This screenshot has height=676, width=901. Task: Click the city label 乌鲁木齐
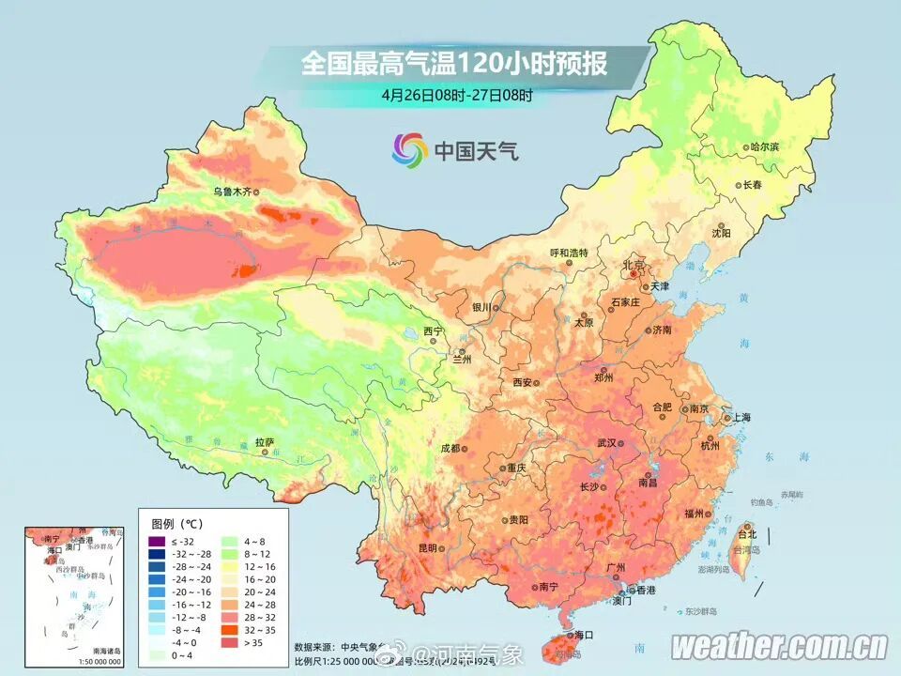231,192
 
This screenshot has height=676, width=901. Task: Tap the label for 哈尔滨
765,147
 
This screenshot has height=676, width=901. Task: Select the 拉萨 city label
265,441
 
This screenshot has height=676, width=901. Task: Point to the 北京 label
634,265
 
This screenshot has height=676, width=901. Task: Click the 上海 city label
742,417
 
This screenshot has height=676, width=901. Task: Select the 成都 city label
450,448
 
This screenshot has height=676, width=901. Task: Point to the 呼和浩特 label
568,253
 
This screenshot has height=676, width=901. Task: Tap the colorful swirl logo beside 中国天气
409,148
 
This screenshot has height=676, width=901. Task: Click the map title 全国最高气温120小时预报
454,63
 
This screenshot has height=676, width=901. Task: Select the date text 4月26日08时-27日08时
457,95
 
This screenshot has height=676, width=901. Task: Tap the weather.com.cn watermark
779,646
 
